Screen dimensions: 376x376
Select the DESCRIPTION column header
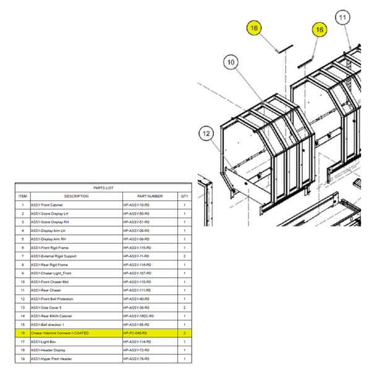(x=76, y=196)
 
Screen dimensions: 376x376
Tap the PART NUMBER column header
(x=150, y=196)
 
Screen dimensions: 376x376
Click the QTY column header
(x=184, y=196)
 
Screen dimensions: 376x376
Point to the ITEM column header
(x=23, y=196)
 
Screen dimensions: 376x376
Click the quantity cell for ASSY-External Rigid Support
(x=184, y=256)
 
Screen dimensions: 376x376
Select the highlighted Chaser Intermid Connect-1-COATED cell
(x=60, y=333)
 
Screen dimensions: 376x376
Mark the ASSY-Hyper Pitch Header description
(x=51, y=359)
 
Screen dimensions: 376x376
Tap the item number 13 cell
(x=23, y=307)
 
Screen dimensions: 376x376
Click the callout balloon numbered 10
(x=230, y=62)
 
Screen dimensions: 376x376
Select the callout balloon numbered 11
(x=342, y=19)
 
